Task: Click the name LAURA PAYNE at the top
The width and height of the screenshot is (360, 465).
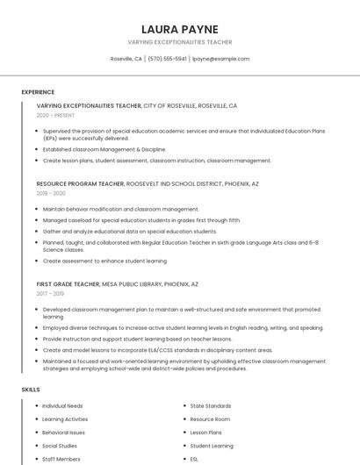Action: [x=180, y=29]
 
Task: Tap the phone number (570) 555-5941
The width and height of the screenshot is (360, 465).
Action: [x=167, y=59]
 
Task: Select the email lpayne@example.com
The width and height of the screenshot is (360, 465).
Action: [x=220, y=59]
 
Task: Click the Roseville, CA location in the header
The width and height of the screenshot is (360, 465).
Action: [x=126, y=59]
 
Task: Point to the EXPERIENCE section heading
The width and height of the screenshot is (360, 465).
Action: [x=38, y=92]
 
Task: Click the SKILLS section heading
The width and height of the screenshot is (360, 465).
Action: [x=31, y=389]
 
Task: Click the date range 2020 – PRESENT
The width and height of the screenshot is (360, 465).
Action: [x=55, y=115]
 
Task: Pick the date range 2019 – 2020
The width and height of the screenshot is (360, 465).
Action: [x=51, y=193]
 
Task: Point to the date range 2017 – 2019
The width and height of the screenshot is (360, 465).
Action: [x=51, y=294]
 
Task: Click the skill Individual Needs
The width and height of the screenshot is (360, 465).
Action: [x=62, y=406]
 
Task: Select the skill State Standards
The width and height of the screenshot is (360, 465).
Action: [x=211, y=406]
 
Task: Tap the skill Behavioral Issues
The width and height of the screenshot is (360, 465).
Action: [x=64, y=433]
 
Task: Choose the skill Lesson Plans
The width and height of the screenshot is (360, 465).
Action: [x=206, y=433]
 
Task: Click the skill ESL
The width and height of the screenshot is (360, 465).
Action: [x=194, y=459]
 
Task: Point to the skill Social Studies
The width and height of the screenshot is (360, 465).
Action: [x=60, y=446]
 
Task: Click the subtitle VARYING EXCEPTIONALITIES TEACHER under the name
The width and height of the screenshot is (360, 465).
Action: [x=180, y=42]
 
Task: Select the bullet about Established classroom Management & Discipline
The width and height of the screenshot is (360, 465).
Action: [x=104, y=149]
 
